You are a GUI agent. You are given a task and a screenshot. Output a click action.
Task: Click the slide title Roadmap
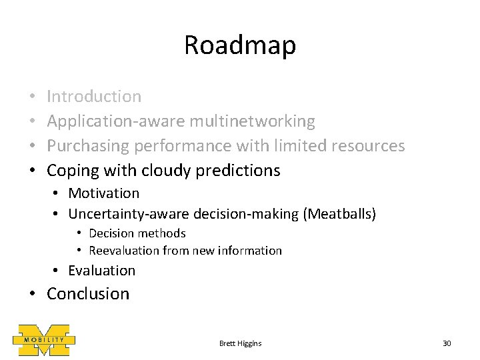239,46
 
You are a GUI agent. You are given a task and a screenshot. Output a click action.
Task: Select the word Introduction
94,97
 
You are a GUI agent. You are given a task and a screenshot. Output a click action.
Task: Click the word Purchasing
89,146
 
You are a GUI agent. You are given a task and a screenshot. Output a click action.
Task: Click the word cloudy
167,171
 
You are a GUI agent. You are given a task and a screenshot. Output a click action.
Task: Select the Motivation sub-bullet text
103,193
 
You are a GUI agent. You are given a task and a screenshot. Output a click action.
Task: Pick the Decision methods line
137,233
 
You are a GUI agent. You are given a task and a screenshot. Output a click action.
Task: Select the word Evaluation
101,271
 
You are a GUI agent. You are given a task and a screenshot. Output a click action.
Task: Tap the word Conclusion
88,294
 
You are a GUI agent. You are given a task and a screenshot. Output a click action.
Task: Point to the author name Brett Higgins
240,343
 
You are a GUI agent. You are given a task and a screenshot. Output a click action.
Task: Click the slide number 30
447,343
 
